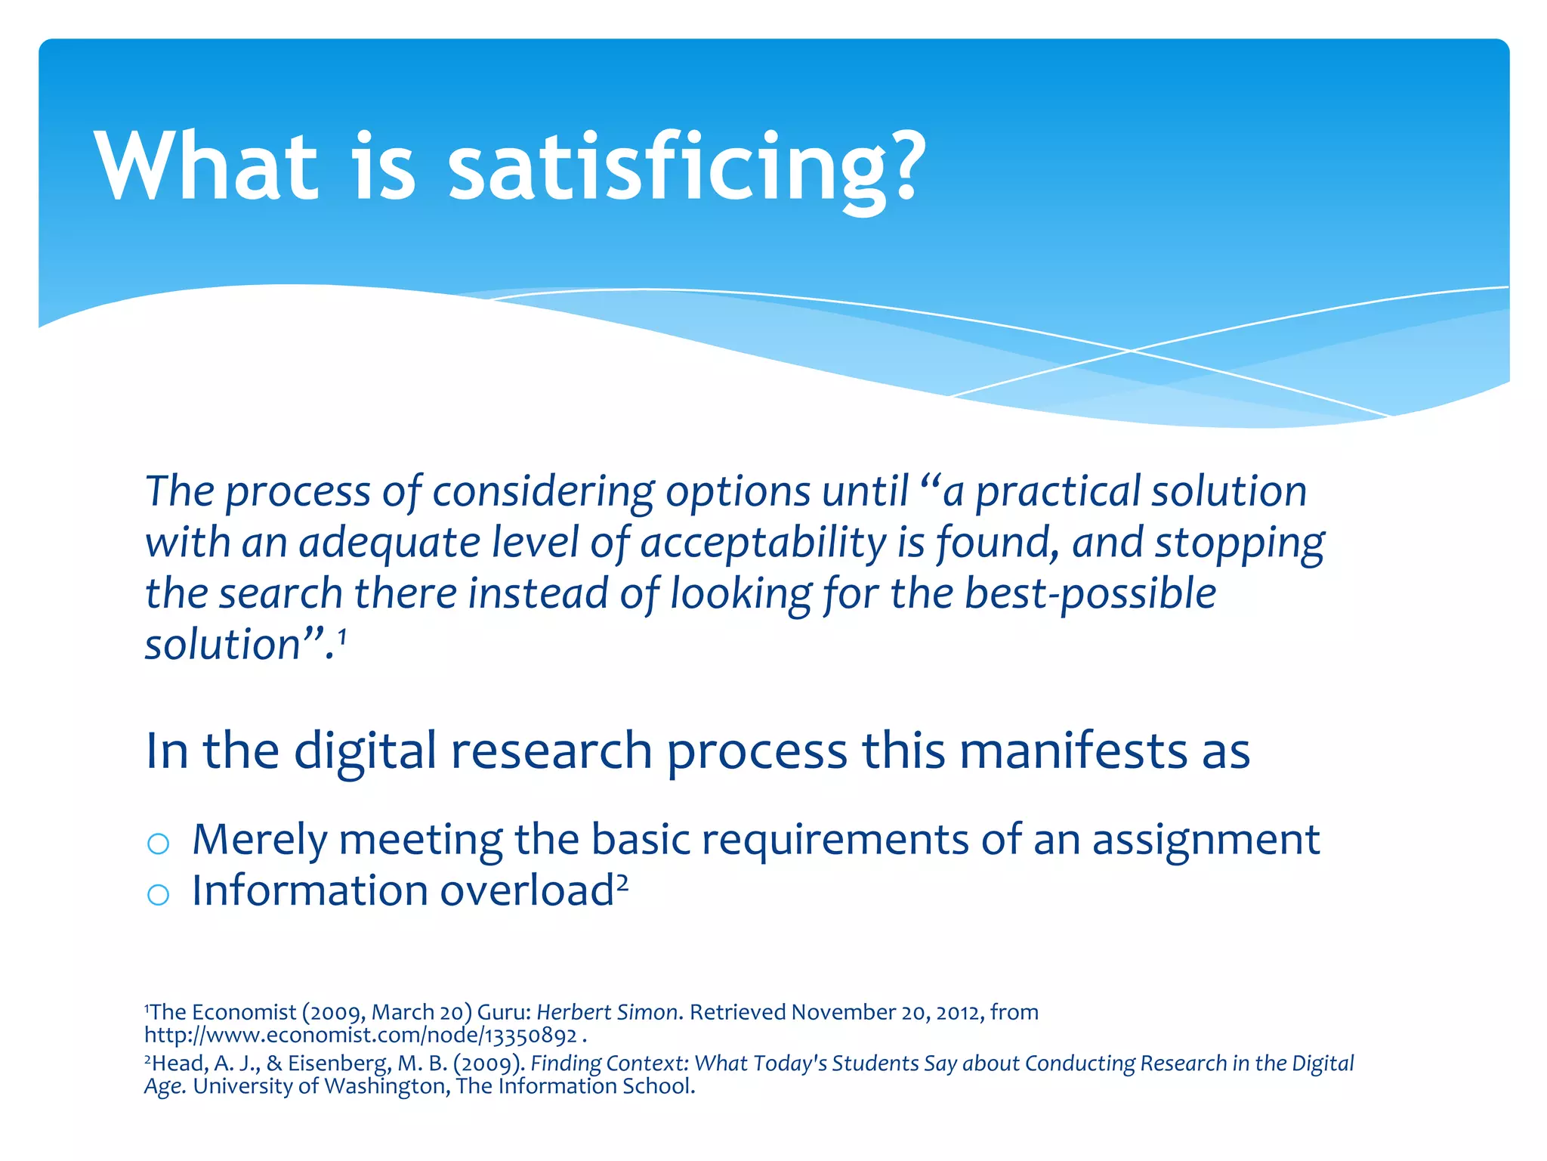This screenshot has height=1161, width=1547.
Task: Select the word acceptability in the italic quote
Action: tap(763, 543)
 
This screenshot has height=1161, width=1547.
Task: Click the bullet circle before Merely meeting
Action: tap(158, 844)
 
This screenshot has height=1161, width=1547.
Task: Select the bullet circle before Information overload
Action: tap(158, 895)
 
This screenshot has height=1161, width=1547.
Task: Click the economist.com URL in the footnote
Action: tap(361, 1035)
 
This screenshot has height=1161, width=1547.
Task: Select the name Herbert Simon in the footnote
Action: tap(607, 1012)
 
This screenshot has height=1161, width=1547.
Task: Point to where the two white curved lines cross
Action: tap(1131, 350)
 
